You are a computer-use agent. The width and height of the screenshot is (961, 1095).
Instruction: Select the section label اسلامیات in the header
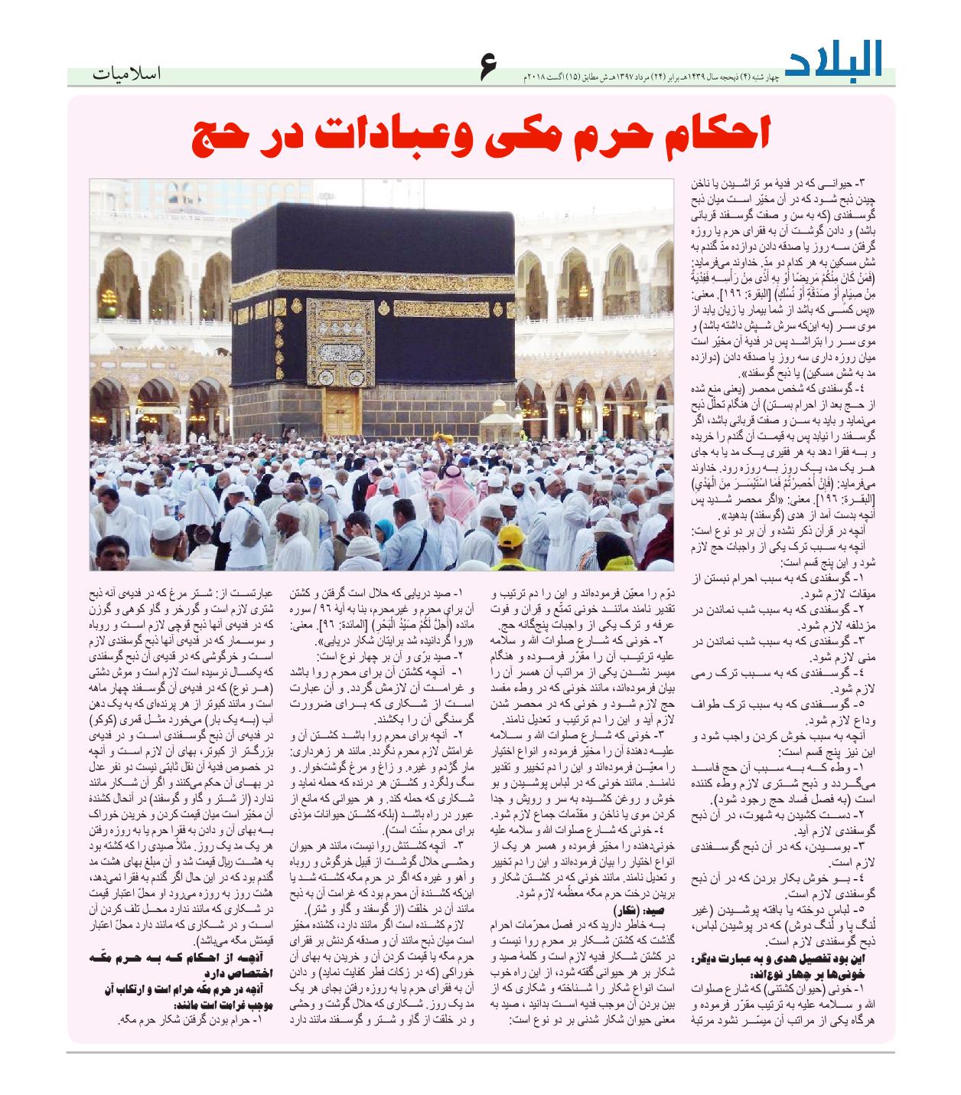click(x=126, y=76)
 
